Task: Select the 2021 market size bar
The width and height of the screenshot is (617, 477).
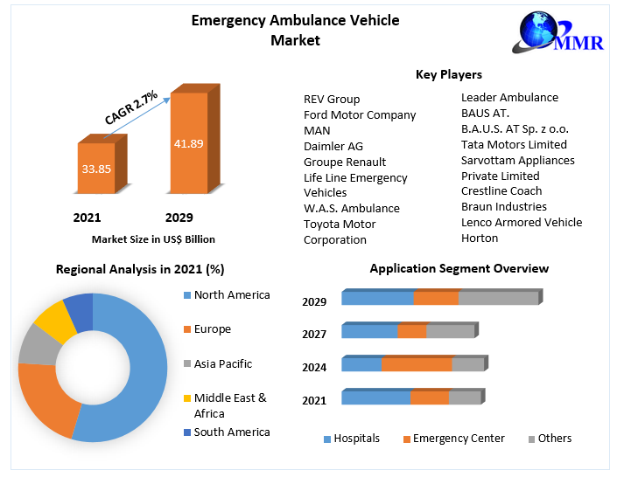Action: tap(96, 168)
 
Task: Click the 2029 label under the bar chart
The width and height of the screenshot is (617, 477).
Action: tap(179, 218)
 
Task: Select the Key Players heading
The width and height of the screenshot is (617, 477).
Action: tap(448, 75)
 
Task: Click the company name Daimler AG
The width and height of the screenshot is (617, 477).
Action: tap(333, 146)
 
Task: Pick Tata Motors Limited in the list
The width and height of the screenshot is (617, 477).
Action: tap(514, 144)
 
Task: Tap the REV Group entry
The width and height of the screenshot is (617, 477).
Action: tap(332, 99)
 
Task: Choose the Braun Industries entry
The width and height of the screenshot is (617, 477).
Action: tap(503, 206)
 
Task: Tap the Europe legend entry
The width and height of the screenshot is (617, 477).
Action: tap(212, 329)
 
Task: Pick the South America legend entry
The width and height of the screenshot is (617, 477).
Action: tap(231, 432)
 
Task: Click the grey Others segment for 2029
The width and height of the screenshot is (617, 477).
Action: tap(498, 299)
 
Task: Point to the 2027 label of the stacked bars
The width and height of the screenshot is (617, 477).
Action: tap(314, 334)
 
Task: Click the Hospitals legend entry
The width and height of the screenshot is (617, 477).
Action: tap(355, 439)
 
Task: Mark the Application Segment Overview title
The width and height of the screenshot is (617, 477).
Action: tap(459, 268)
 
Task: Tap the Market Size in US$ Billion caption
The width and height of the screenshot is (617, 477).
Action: tap(153, 238)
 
